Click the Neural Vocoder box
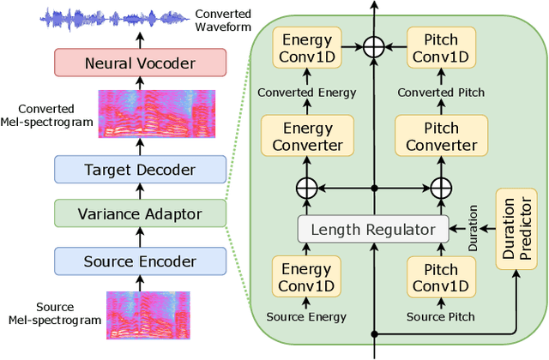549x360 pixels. pos(140,63)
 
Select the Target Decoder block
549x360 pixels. pos(140,169)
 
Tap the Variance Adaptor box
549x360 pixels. pos(140,213)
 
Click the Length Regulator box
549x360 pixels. pos(373,229)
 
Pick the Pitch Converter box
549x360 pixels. pos(440,137)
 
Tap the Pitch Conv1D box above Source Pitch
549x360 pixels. pos(440,276)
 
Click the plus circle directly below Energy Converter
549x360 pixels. pos(307,187)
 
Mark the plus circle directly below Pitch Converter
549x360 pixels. pos(440,187)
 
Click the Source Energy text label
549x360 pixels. pos(307,316)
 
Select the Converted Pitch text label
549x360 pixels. pos(440,93)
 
